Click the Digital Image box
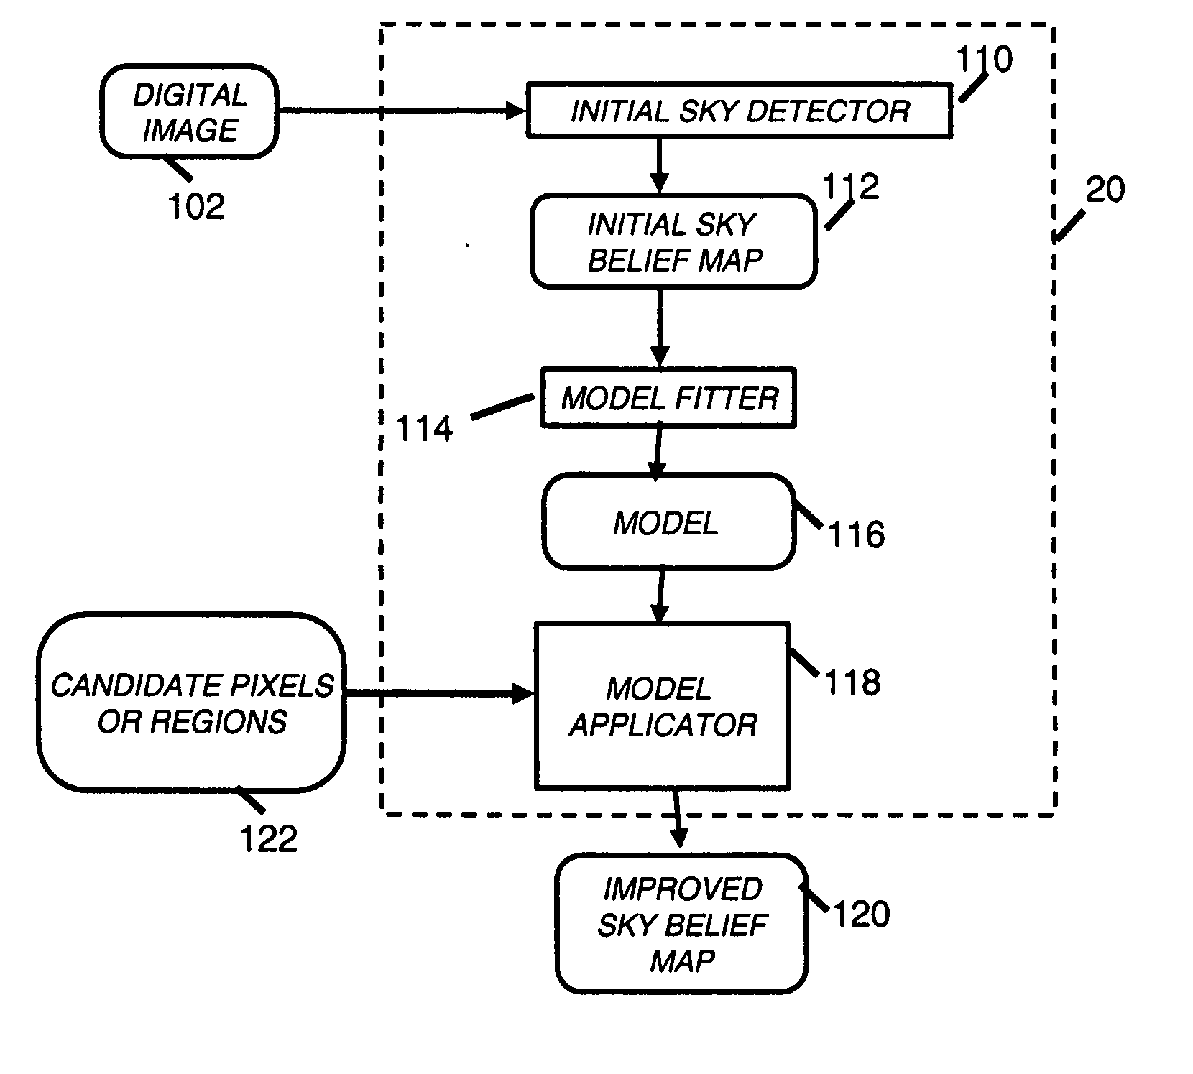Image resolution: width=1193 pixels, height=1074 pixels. (189, 112)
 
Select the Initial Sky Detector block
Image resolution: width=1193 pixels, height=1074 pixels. (739, 111)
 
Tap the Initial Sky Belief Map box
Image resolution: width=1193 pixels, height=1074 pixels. (673, 241)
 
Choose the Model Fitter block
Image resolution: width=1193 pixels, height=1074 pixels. (668, 398)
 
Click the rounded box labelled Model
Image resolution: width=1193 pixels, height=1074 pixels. (668, 522)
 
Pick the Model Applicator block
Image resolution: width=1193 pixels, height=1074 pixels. (662, 706)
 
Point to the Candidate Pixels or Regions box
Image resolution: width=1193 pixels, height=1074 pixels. (192, 703)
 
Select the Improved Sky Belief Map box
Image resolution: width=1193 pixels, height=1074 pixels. (681, 924)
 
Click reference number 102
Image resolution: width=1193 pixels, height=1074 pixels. (195, 207)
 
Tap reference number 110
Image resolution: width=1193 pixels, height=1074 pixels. (984, 60)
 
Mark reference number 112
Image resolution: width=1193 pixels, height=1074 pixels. (850, 187)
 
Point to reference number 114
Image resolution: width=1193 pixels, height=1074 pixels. (425, 429)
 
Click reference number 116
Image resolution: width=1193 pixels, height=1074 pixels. (857, 535)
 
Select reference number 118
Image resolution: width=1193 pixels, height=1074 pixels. (852, 682)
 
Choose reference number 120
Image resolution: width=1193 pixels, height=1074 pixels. (861, 915)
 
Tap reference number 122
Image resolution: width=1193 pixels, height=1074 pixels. (268, 839)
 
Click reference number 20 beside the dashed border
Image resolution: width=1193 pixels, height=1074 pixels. (1105, 190)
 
